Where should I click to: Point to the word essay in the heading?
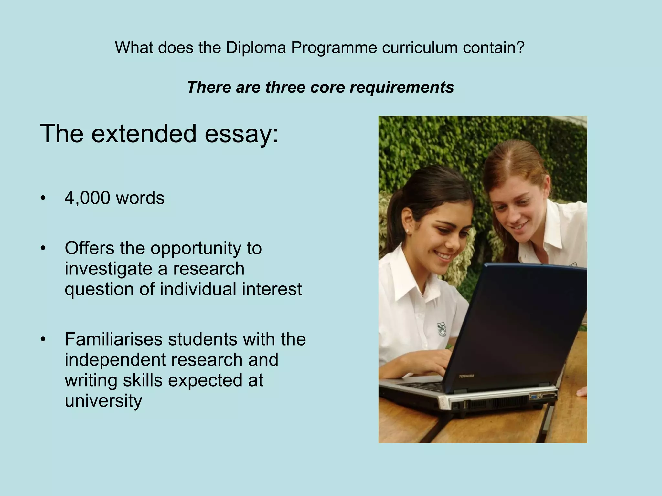(x=238, y=134)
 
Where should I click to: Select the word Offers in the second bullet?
(x=90, y=248)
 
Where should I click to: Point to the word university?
(x=103, y=400)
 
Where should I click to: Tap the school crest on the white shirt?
(x=442, y=329)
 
